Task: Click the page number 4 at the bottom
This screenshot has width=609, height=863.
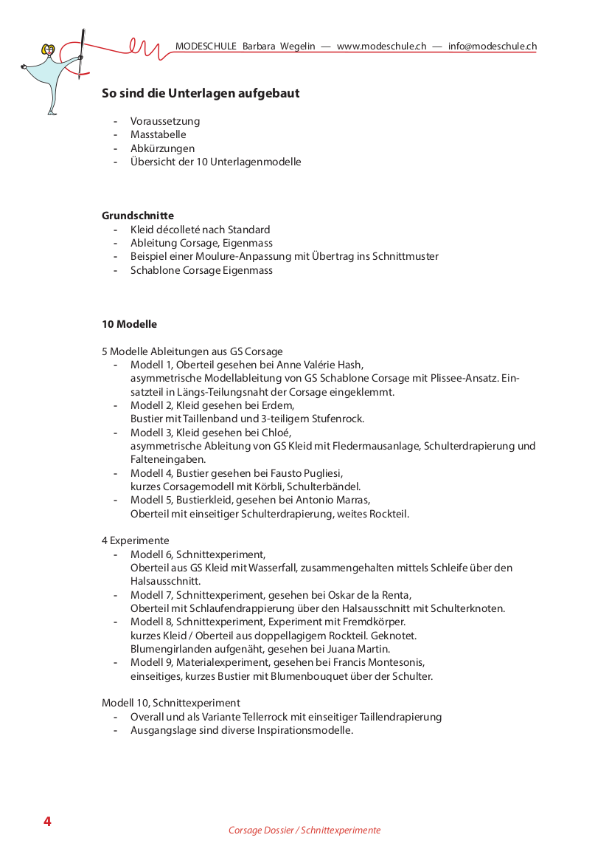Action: point(47,822)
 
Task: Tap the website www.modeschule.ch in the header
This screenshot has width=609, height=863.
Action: point(381,47)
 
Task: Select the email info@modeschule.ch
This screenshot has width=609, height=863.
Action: point(492,47)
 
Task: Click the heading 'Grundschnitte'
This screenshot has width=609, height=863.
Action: point(138,216)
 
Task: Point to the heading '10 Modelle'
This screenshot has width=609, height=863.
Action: point(129,324)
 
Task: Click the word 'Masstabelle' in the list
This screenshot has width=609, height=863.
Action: point(158,134)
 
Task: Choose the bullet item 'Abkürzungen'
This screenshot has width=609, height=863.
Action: point(162,148)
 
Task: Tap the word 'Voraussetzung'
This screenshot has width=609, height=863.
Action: point(165,121)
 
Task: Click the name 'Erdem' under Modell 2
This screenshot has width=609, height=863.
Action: point(279,405)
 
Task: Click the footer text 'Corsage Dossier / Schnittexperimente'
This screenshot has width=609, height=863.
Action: point(304,830)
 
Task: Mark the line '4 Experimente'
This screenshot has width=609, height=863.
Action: point(136,540)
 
